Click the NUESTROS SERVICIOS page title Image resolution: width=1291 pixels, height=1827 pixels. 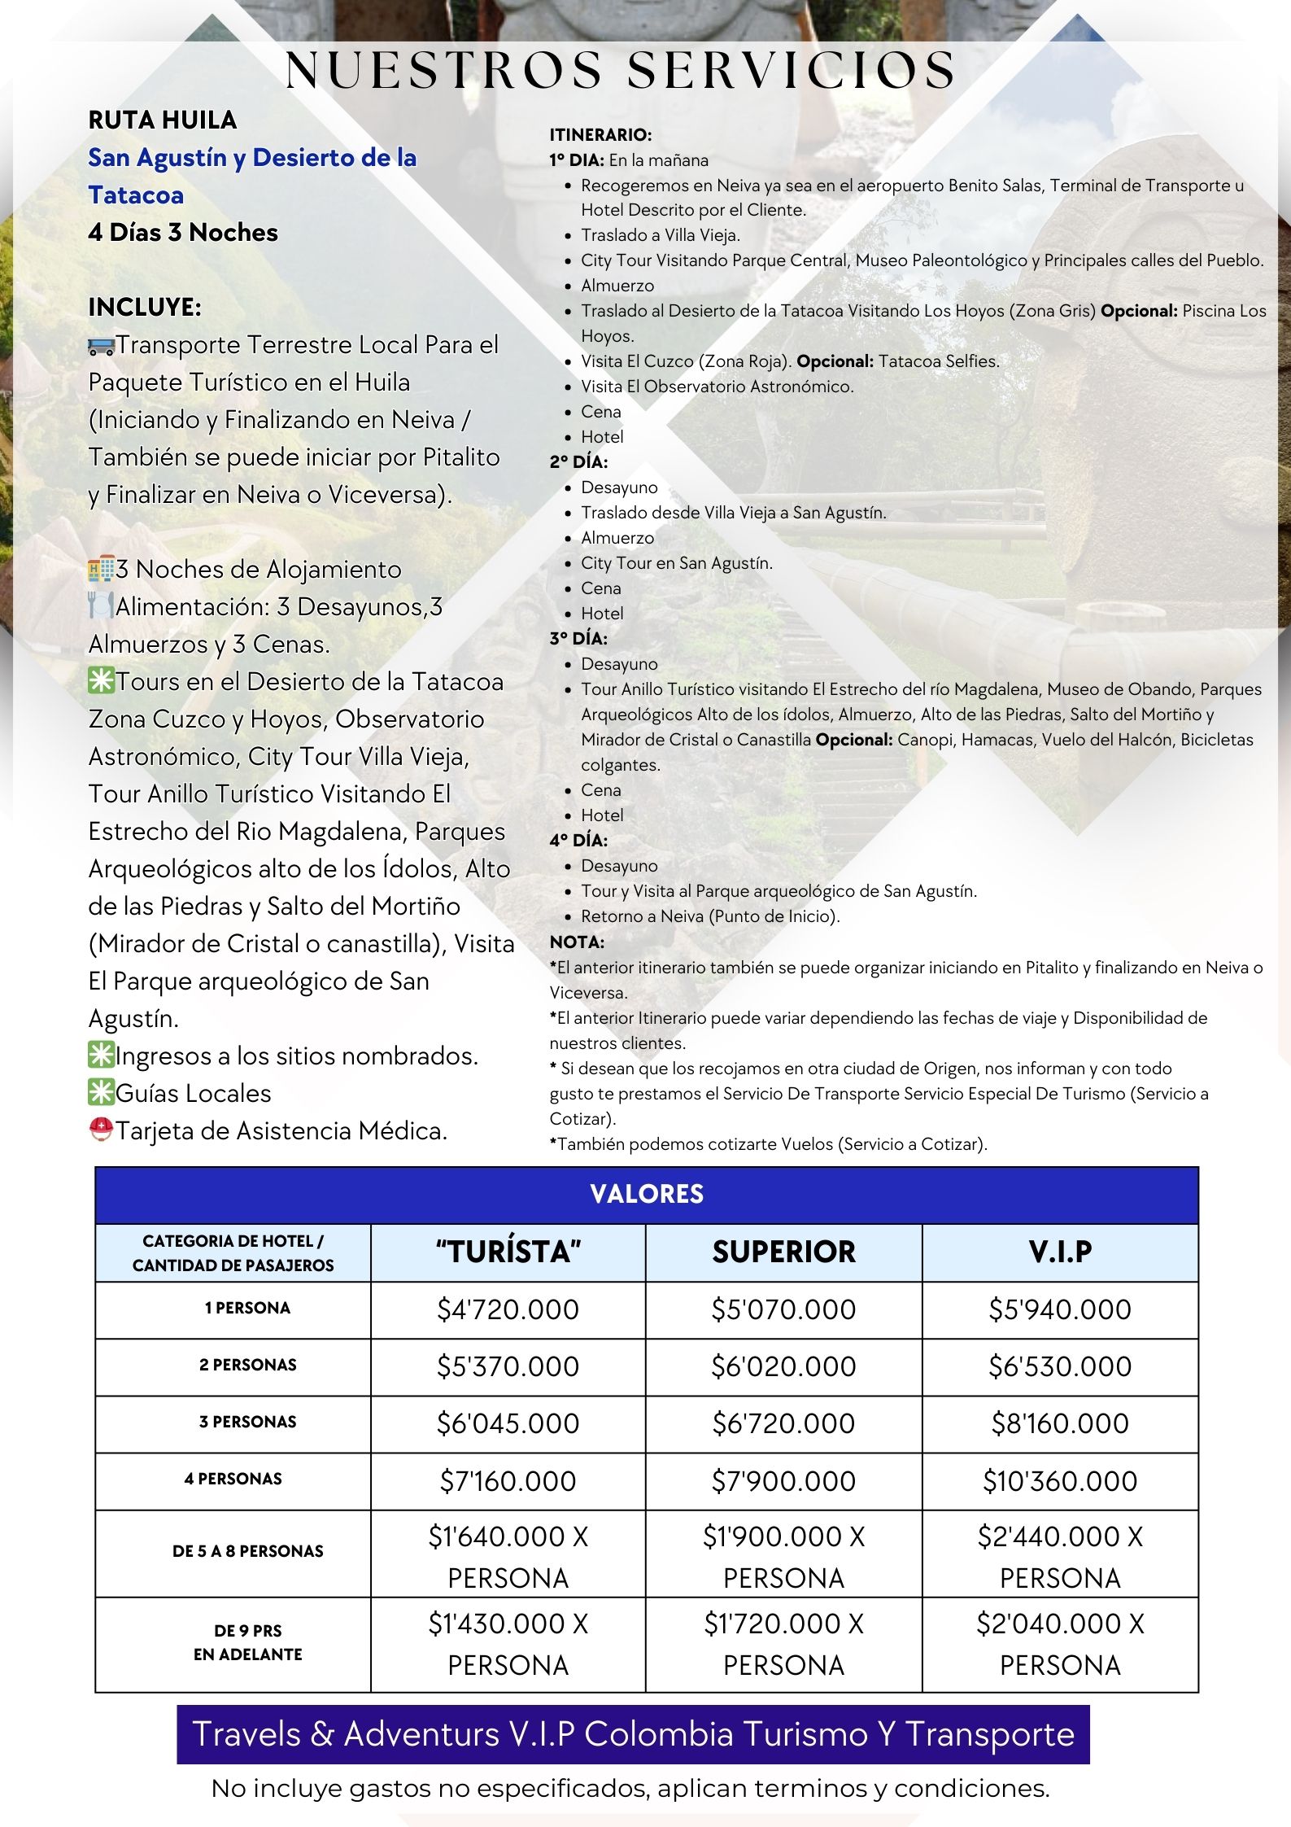pyautogui.click(x=621, y=70)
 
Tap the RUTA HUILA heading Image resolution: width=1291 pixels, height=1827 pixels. pyautogui.click(x=163, y=120)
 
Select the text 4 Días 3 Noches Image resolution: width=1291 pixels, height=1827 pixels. pyautogui.click(x=183, y=233)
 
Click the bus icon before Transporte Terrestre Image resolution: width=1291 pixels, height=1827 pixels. pyautogui.click(x=101, y=346)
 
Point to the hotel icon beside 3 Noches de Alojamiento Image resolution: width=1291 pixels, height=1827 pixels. pyautogui.click(x=101, y=570)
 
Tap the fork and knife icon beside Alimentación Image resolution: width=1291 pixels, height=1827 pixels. pyautogui.click(x=101, y=607)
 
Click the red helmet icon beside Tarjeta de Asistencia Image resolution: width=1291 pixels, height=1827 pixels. pyautogui.click(x=101, y=1131)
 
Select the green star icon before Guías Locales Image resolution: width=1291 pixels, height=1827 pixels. pyautogui.click(x=101, y=1094)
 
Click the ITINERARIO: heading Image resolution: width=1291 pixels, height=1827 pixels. pyautogui.click(x=600, y=135)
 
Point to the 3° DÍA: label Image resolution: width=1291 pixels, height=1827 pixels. pyautogui.click(x=578, y=639)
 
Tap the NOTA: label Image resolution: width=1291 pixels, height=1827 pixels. pyautogui.click(x=577, y=942)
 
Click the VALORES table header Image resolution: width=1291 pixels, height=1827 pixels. pyautogui.click(x=647, y=1195)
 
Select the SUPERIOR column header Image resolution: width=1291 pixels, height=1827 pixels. pyautogui.click(x=783, y=1252)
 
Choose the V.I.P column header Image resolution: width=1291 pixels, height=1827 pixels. pyautogui.click(x=1060, y=1252)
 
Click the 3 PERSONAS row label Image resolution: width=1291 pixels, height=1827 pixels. pyautogui.click(x=247, y=1422)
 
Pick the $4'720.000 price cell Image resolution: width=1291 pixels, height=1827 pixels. pyautogui.click(x=508, y=1309)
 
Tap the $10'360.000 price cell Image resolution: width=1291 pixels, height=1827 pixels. pyautogui.click(x=1060, y=1481)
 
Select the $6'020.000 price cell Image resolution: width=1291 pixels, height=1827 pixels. pyautogui.click(x=783, y=1366)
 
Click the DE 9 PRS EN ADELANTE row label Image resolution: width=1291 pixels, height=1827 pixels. pyautogui.click(x=247, y=1642)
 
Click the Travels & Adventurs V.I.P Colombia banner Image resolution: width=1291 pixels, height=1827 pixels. pyautogui.click(x=633, y=1735)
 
